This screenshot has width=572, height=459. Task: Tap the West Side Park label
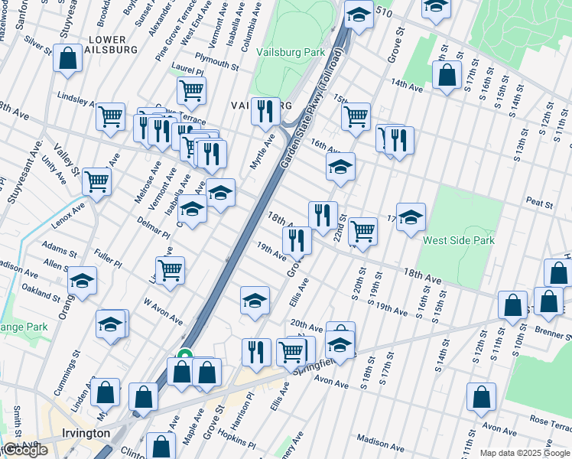(459, 240)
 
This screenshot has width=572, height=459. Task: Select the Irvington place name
(86, 433)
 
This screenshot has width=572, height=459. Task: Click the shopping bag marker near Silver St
(68, 57)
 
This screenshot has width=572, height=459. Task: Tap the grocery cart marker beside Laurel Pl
(191, 90)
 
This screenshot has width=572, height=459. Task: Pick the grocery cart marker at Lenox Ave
(97, 181)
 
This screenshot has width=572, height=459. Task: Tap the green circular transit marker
(184, 355)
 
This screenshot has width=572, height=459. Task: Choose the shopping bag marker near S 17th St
(446, 74)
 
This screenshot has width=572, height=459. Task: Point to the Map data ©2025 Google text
(525, 453)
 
